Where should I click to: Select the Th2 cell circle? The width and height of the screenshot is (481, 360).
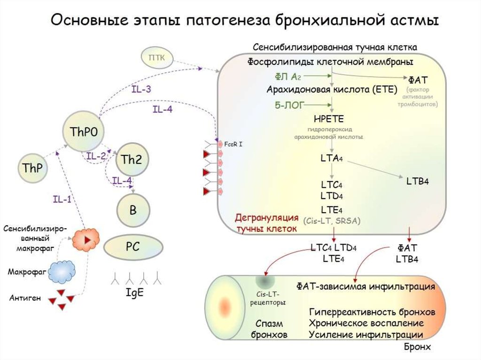click(132, 160)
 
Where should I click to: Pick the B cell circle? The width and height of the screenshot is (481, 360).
click(133, 210)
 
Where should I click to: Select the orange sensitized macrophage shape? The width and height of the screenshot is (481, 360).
click(85, 239)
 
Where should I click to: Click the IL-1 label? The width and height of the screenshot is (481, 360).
click(62, 199)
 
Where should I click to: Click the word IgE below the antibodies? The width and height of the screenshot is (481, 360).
click(134, 292)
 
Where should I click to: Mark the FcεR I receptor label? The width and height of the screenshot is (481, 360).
click(233, 144)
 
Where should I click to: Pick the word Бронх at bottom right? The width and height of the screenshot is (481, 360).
click(417, 347)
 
